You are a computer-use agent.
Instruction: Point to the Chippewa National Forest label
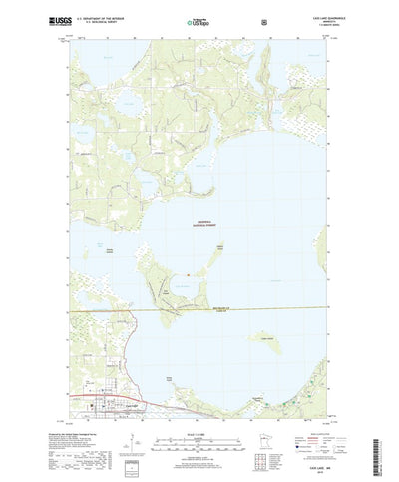pos(200,225)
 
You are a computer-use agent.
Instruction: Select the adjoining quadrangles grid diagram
pos(265,439)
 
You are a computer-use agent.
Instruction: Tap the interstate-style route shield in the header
pos(263,19)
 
